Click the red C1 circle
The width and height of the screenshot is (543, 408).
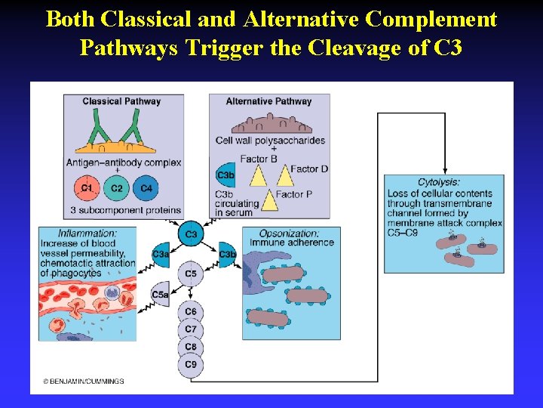(87, 188)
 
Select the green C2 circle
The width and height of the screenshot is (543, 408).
(117, 188)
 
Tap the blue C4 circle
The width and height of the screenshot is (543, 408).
(146, 188)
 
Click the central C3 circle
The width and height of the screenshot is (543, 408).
(191, 234)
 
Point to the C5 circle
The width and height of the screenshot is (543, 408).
(191, 274)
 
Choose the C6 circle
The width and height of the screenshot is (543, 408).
(191, 311)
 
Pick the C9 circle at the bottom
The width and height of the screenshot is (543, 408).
(191, 365)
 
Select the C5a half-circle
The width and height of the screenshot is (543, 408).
(161, 295)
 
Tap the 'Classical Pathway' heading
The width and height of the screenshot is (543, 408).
(121, 101)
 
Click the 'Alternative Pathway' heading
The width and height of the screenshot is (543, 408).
(268, 101)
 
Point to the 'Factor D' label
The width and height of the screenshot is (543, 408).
(309, 169)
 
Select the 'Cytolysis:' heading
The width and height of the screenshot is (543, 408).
(439, 182)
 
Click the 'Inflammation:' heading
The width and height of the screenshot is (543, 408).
(87, 233)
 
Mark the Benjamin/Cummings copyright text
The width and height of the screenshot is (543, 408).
(84, 382)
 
